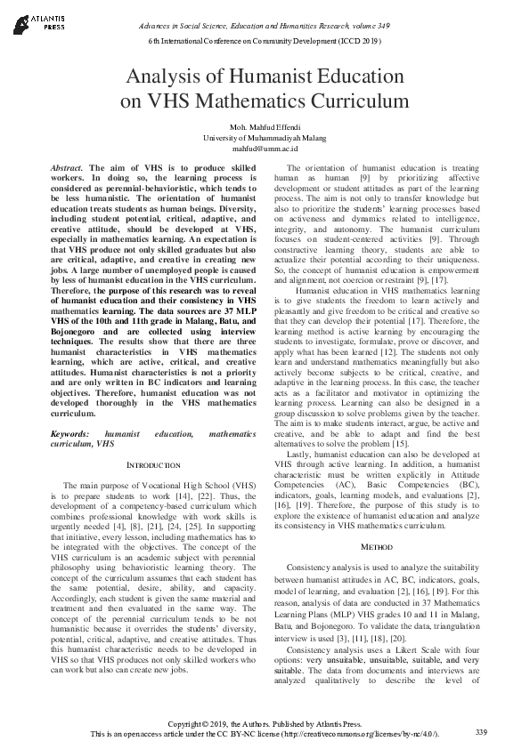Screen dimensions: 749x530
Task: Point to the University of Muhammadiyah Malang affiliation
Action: (264, 140)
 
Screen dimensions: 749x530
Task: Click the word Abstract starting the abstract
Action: (68, 168)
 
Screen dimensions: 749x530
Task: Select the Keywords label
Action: (70, 432)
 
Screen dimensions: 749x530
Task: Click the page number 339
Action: (481, 731)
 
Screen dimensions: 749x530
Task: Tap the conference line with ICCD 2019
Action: (265, 43)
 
